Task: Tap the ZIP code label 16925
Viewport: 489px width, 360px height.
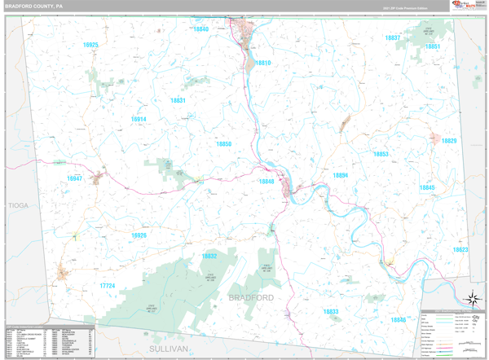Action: [x=90, y=46]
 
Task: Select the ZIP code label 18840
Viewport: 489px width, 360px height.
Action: [x=200, y=29]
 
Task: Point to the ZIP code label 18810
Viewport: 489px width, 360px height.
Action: [x=262, y=63]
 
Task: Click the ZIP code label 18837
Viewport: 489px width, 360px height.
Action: [x=393, y=38]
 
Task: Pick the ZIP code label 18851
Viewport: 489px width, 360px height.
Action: [x=433, y=47]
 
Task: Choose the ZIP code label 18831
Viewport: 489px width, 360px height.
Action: [x=178, y=100]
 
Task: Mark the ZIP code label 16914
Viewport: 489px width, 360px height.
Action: [x=139, y=119]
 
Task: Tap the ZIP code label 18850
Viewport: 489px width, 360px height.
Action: [x=223, y=144]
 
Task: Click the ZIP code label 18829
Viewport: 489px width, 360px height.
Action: [x=449, y=141]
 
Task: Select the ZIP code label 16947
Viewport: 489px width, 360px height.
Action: [x=74, y=178]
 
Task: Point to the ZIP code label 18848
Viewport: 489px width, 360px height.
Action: [x=267, y=182]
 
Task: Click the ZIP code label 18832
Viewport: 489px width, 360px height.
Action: [x=209, y=256]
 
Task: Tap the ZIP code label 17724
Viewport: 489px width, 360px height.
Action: [x=108, y=286]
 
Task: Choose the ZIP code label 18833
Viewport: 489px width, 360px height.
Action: [x=330, y=312]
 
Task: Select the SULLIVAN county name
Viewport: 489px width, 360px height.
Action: [x=168, y=349]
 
